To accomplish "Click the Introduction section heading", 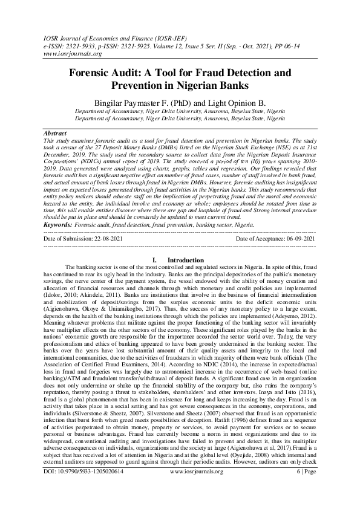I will pyautogui.click(x=186, y=260).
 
